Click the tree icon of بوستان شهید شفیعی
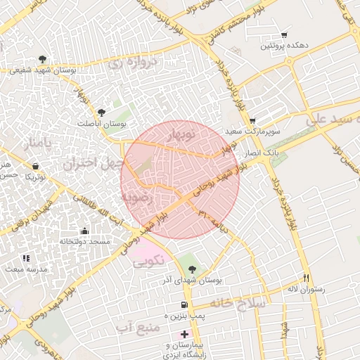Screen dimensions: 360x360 (44, 59)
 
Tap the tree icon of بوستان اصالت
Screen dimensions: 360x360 (103, 112)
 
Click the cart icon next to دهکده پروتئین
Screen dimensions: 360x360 (284, 34)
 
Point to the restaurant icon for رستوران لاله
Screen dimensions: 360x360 (305, 277)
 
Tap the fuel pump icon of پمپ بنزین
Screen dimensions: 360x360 (184, 305)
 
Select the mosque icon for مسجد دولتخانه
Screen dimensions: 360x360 (85, 230)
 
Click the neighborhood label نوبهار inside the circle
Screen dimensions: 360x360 (181, 134)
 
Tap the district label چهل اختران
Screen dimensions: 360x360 (87, 165)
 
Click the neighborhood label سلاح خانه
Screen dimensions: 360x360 (236, 303)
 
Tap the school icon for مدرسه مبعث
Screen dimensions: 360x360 (26, 259)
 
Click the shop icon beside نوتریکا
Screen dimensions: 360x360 (35, 166)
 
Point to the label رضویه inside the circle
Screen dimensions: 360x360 (136, 199)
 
